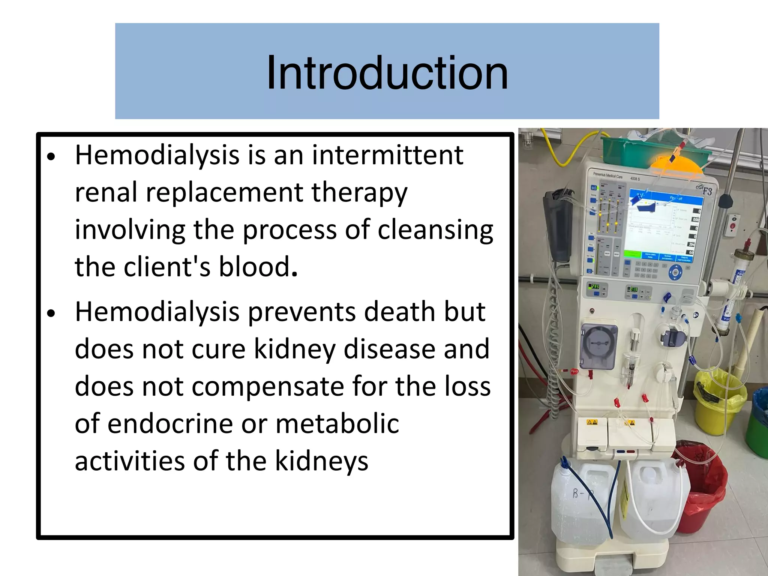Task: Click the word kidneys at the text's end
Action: [x=321, y=461]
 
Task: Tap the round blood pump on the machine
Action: [x=598, y=345]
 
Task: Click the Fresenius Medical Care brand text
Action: [x=607, y=175]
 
